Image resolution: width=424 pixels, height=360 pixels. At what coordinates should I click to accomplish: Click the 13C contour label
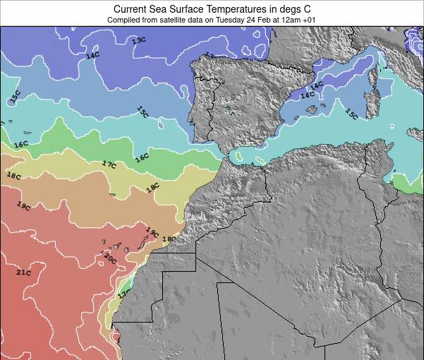pos(139,40)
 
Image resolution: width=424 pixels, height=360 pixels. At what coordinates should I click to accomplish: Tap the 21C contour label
pos(24,272)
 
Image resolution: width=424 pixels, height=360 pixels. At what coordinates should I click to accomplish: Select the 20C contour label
pos(109,258)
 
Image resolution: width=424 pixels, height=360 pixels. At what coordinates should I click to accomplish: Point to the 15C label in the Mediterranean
pos(351,114)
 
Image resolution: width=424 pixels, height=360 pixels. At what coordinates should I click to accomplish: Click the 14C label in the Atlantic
pos(92,55)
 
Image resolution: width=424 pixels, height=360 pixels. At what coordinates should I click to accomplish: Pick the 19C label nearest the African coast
pos(152,231)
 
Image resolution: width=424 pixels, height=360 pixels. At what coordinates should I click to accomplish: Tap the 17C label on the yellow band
pos(109,164)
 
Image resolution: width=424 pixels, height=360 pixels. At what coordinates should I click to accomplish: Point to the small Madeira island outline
pos(112,195)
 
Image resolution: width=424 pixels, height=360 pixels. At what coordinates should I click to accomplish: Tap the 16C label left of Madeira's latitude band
pos(21,144)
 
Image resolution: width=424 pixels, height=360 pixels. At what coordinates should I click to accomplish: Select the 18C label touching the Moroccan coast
pos(169,239)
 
